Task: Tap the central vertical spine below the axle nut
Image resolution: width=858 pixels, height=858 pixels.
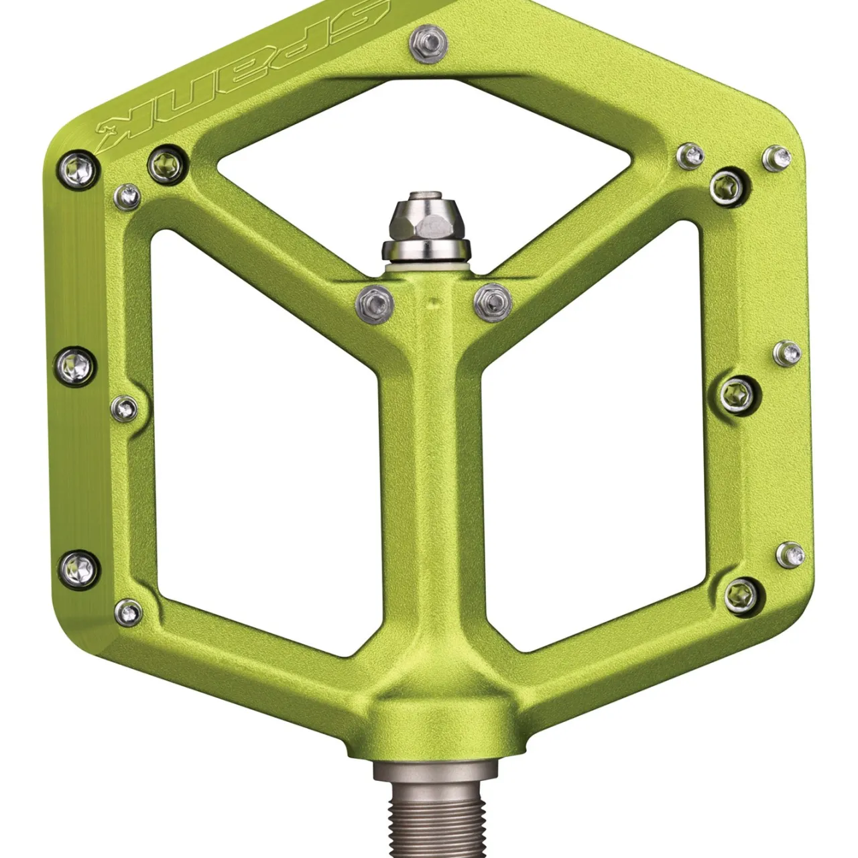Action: pos(429,469)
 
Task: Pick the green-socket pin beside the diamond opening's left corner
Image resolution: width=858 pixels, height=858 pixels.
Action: pos(165,162)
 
